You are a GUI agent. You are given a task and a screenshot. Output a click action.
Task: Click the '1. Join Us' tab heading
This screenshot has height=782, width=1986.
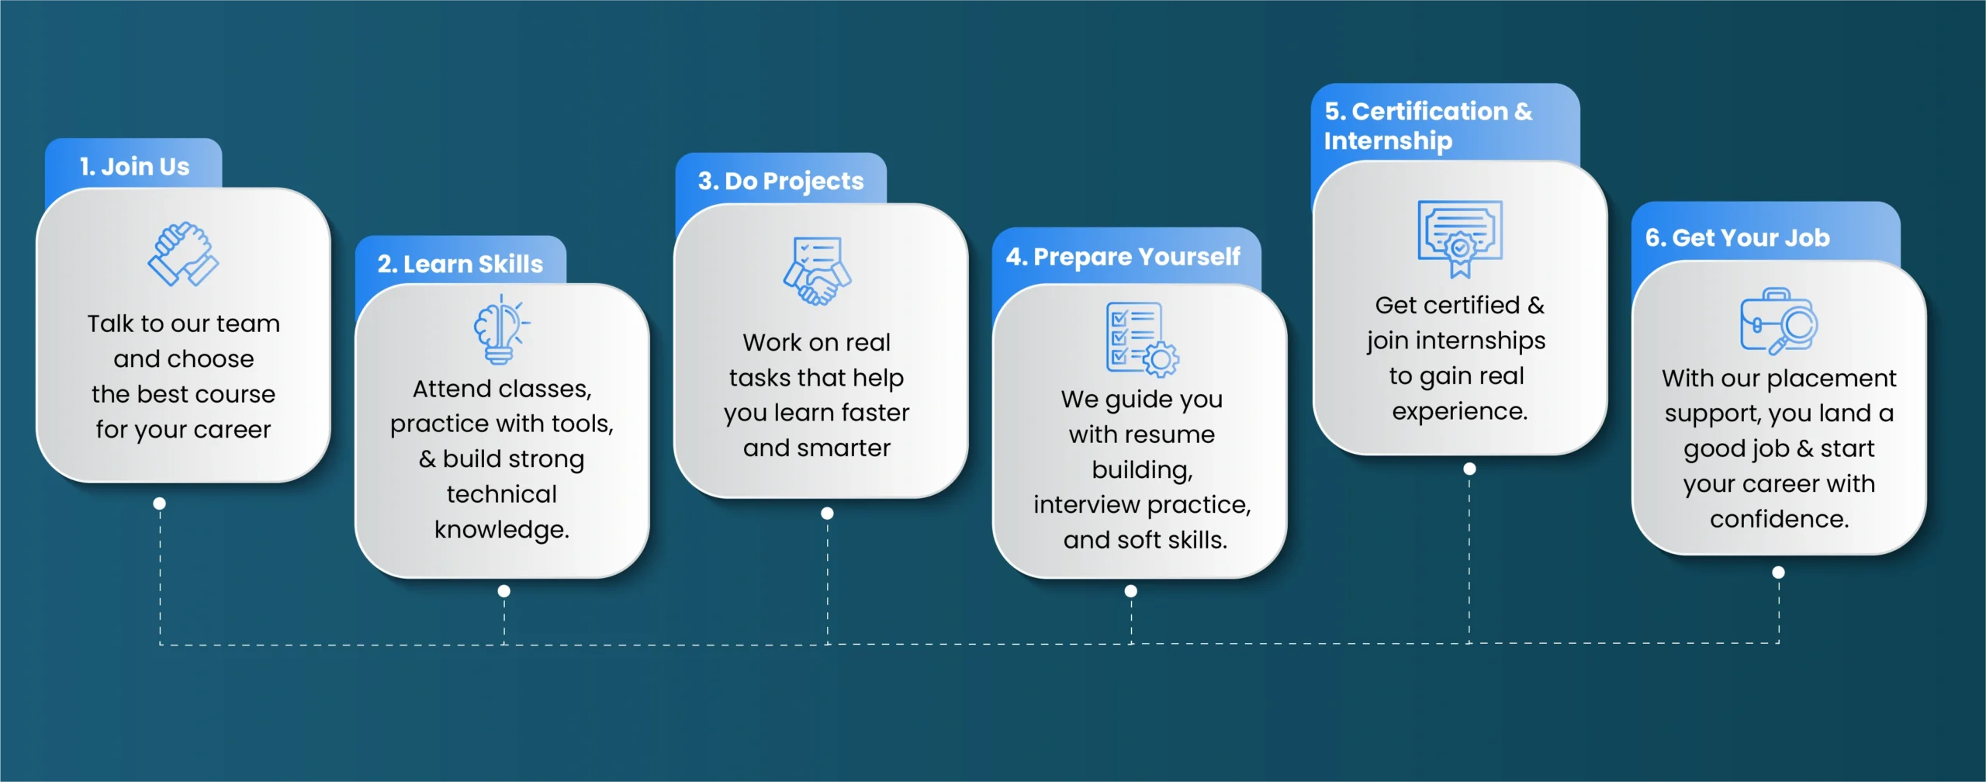[134, 166]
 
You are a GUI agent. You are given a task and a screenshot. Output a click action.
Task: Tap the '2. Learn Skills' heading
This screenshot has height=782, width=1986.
[460, 264]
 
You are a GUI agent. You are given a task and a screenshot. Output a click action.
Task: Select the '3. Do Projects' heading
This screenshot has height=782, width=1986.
[780, 181]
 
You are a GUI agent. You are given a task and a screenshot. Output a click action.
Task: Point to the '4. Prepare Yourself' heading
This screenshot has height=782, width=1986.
[1123, 257]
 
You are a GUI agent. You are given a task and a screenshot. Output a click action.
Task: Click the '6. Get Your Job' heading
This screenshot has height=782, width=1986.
[1737, 237]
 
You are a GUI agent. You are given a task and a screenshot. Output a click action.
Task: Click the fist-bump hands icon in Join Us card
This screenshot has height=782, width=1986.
[183, 254]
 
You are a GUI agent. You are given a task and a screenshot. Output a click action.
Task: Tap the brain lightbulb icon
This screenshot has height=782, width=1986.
[500, 330]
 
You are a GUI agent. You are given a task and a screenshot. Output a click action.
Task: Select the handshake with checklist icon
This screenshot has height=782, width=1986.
[817, 271]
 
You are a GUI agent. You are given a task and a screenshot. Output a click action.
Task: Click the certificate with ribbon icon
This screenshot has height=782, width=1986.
[1459, 237]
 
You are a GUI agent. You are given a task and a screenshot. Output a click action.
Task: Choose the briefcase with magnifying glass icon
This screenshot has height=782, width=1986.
[1778, 321]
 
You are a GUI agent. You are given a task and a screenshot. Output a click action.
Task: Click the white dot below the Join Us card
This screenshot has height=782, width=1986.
[160, 503]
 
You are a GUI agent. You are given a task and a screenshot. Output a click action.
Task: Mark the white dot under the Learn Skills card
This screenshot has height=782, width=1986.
[504, 591]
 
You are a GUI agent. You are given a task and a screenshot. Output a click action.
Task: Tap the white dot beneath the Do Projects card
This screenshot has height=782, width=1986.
[827, 514]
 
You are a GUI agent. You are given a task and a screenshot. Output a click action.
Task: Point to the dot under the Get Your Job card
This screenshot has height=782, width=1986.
[1778, 573]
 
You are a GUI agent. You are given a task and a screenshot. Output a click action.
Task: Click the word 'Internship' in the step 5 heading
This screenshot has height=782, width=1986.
[1388, 141]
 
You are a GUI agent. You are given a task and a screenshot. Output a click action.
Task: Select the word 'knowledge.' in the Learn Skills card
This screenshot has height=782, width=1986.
[501, 529]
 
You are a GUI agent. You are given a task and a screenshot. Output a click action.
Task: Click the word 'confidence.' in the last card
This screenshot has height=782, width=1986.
[1779, 519]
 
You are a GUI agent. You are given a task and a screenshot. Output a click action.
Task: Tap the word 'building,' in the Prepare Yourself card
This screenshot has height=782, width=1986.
[1142, 470]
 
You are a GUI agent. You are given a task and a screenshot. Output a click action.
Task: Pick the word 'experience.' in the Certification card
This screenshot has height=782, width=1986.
[1459, 411]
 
